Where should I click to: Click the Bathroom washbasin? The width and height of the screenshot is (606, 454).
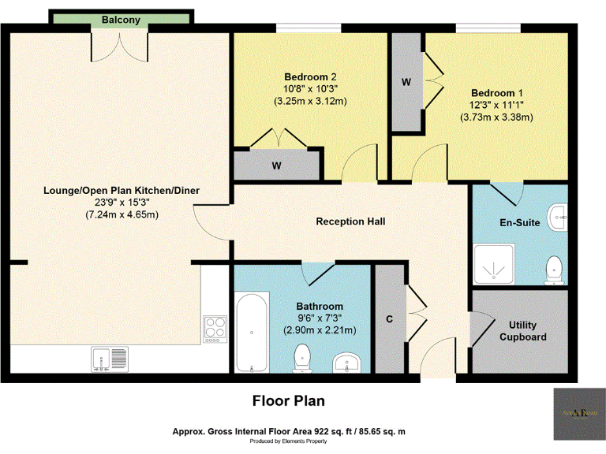[346, 363]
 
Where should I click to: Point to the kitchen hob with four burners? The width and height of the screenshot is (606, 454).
[215, 328]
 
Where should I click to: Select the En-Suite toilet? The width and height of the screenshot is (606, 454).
[554, 268]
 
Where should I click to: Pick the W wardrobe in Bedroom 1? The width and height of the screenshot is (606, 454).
[406, 82]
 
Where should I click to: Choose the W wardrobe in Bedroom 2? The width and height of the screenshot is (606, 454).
[276, 166]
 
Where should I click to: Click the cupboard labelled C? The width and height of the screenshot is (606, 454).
[389, 319]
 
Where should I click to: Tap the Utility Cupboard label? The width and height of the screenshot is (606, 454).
[528, 330]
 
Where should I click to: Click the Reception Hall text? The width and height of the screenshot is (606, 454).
[350, 221]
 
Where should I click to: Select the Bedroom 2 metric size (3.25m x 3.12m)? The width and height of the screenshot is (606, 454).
[311, 101]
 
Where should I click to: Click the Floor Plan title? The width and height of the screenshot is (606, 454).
[288, 401]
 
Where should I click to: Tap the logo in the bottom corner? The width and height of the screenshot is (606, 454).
[580, 412]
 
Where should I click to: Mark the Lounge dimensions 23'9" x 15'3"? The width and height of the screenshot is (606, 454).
[121, 202]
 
